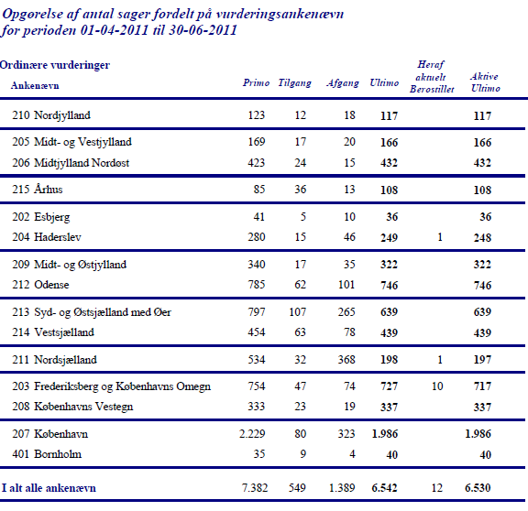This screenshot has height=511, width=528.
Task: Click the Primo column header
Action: [x=257, y=82]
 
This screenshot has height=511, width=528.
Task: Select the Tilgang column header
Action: [x=294, y=83]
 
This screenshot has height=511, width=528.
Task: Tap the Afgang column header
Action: [x=343, y=83]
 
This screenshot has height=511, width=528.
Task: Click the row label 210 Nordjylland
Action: [x=51, y=115]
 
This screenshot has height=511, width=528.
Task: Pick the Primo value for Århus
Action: [x=259, y=189]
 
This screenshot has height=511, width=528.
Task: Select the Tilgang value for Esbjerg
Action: [x=303, y=217]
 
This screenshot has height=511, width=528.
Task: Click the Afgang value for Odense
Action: [x=346, y=285]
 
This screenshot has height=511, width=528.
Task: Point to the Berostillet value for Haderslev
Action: [x=440, y=237]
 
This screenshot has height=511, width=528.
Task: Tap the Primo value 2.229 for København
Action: [x=252, y=434]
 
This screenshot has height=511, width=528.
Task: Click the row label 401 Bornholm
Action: [x=47, y=454]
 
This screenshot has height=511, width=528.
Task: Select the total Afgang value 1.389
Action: [x=342, y=488]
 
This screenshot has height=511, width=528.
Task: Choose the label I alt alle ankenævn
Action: [x=49, y=488]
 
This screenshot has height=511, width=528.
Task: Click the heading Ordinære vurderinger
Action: [x=55, y=65]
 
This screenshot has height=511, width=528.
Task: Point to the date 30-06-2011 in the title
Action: [x=203, y=30]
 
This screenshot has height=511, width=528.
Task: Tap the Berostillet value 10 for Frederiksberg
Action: [x=437, y=386]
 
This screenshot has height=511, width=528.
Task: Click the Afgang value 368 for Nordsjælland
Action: [x=346, y=360]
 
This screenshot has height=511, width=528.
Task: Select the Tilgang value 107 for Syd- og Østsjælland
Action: [x=298, y=312]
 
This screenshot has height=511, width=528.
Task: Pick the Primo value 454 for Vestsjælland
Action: [x=257, y=332]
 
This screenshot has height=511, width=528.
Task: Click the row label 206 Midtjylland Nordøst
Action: [x=71, y=163]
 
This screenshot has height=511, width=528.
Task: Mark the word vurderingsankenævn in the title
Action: [x=280, y=14]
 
